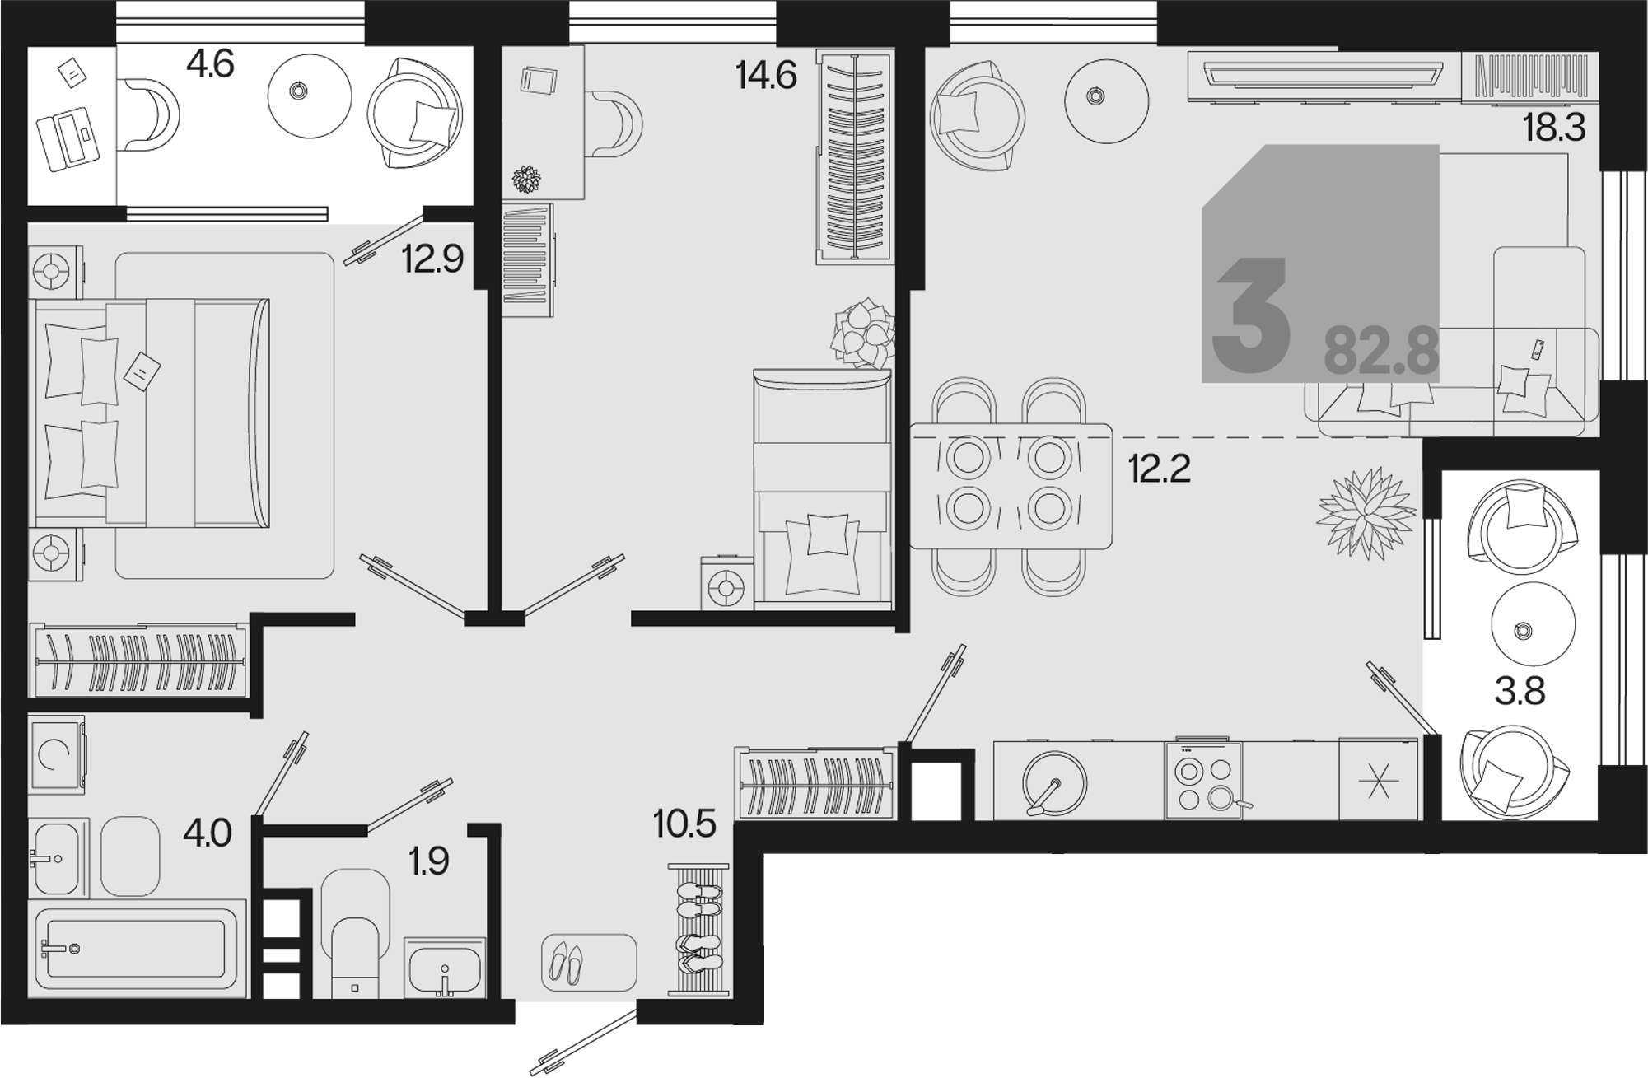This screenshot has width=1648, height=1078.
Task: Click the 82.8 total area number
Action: pos(1381,352)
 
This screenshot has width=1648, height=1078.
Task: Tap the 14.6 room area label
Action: pos(766,76)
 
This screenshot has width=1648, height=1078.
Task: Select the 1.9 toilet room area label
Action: pos(428,861)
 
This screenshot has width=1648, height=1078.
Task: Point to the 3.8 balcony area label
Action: pos(1520,692)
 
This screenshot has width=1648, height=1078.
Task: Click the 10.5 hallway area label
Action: pos(684,824)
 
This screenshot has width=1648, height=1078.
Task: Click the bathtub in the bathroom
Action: pos(138,949)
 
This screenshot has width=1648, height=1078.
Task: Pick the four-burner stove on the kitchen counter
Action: pos(1203,781)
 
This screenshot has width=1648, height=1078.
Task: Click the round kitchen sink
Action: pos(1054,781)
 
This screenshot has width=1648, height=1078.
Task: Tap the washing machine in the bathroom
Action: pos(56,754)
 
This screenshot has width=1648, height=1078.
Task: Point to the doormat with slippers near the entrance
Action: pos(589,962)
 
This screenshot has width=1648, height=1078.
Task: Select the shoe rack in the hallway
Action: pos(698,930)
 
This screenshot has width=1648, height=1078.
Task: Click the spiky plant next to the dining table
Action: pos(1366,513)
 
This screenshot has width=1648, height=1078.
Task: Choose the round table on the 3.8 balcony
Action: pos(1534,623)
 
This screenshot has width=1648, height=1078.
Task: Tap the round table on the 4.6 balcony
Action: pos(310,96)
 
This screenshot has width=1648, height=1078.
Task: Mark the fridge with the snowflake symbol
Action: pos(1379,779)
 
